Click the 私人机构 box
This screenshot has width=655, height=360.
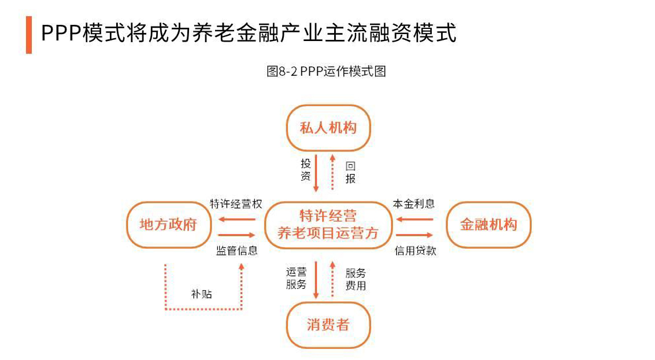(328, 128)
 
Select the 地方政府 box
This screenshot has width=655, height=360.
(168, 225)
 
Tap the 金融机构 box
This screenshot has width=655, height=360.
(489, 225)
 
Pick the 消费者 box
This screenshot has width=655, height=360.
(328, 325)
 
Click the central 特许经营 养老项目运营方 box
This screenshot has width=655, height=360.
(328, 225)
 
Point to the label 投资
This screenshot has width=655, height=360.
(306, 170)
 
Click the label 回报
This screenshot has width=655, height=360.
(350, 173)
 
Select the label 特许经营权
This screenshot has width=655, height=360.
(236, 204)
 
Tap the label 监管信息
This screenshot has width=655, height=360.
(236, 251)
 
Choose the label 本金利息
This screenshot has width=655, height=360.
(413, 204)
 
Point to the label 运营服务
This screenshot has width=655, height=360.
(296, 278)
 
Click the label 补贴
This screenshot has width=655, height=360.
(201, 294)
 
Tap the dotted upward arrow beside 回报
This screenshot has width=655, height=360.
(332, 172)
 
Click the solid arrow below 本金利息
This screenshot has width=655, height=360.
(414, 219)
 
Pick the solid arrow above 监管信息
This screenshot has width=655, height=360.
(236, 235)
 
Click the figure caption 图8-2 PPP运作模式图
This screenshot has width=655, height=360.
(326, 71)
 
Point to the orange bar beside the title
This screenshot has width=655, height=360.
(29, 35)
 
